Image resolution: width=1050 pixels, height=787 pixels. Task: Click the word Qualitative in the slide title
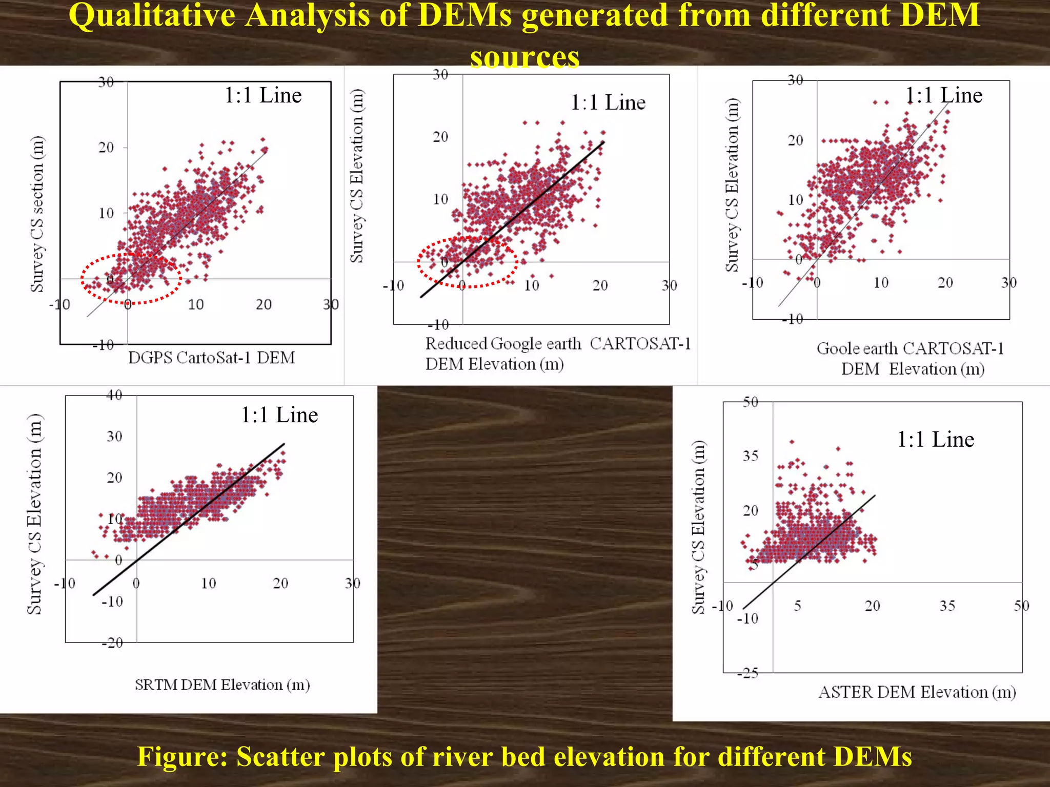[152, 16]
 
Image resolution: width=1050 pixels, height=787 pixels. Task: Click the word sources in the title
[524, 56]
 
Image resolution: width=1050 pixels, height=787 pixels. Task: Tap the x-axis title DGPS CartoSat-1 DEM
[211, 358]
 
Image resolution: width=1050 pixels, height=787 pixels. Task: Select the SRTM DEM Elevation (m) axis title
[222, 685]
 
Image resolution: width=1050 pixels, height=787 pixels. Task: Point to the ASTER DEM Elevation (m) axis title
[917, 692]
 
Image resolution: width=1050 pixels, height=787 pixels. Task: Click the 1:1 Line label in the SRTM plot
[279, 415]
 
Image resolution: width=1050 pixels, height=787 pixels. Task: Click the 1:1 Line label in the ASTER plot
[935, 440]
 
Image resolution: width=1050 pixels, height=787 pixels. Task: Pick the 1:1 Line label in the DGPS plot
[263, 95]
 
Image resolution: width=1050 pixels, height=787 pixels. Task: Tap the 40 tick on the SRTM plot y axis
[114, 395]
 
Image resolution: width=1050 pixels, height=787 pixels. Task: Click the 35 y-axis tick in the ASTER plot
[750, 455]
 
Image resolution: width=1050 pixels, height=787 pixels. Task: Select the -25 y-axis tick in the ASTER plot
[748, 673]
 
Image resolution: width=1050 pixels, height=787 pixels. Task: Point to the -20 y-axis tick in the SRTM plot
[112, 643]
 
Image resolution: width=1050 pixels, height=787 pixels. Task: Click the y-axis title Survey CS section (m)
[37, 214]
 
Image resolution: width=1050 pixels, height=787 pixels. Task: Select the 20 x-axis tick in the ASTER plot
[872, 606]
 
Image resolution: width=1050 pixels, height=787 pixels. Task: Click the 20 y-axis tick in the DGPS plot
[106, 148]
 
